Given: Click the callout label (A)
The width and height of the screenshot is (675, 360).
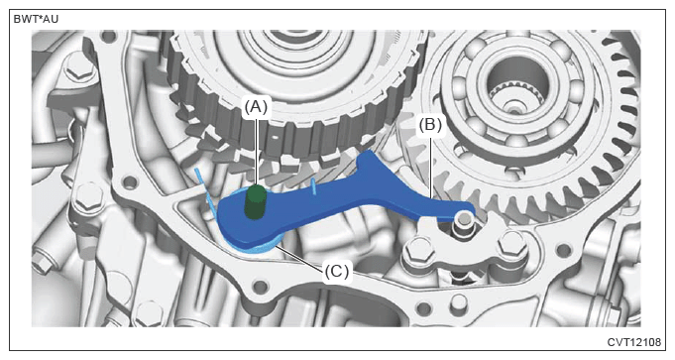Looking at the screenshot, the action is pyautogui.click(x=256, y=106).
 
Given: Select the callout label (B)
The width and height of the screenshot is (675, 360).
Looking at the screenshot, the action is pyautogui.click(x=430, y=125).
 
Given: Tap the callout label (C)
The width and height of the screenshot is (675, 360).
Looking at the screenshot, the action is pyautogui.click(x=337, y=272).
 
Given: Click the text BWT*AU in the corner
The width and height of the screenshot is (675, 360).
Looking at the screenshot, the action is pyautogui.click(x=36, y=20).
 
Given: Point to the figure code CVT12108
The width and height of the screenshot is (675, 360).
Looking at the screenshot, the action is pyautogui.click(x=634, y=342).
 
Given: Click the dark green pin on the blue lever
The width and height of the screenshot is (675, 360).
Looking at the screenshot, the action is pyautogui.click(x=256, y=201).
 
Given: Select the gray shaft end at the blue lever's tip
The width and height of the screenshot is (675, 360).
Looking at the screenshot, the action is pyautogui.click(x=463, y=218).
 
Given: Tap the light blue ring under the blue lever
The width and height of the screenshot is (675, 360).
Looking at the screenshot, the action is pyautogui.click(x=250, y=246).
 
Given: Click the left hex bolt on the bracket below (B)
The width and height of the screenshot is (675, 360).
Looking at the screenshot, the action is pyautogui.click(x=416, y=250).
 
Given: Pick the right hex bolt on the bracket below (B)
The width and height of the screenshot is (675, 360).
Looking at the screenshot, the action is pyautogui.click(x=512, y=246).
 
